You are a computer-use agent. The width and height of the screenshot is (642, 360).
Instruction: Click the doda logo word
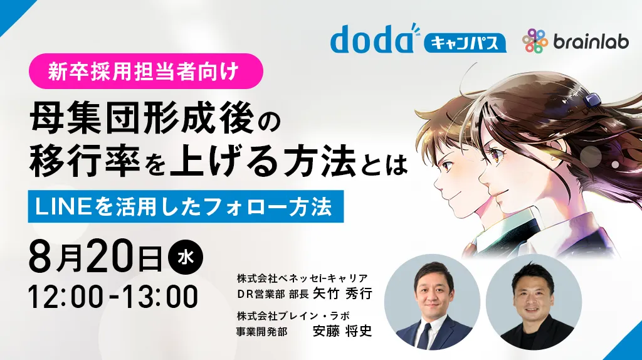pos(372,40)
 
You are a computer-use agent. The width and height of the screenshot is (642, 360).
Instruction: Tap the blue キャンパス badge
pos(465,43)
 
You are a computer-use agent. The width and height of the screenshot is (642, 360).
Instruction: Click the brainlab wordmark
pos(591,41)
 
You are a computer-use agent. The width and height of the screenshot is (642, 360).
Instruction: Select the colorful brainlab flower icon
pos(535,41)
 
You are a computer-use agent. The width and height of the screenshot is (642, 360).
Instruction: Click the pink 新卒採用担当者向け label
pos(145,71)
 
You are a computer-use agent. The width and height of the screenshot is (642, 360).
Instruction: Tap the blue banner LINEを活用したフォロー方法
pos(186,206)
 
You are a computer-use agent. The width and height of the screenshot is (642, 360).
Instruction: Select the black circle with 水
pos(186,257)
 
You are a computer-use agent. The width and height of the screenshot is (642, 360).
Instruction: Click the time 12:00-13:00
pos(113,297)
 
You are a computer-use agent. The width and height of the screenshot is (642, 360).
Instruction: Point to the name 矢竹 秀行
pos(342,294)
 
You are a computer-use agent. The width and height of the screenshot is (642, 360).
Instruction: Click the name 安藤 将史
pos(342,331)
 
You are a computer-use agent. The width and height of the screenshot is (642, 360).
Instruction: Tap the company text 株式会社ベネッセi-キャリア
pos(302,278)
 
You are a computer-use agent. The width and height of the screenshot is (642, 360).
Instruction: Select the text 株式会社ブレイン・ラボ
pos(293,315)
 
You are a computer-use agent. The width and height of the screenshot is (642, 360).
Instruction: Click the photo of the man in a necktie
pos(432,302)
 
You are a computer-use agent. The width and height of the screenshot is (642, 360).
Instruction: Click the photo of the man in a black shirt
pos(534,302)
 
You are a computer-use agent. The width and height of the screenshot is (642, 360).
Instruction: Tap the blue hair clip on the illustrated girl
pos(592,99)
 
